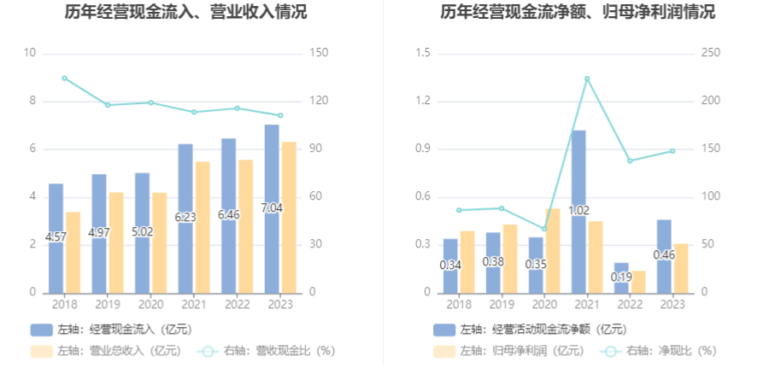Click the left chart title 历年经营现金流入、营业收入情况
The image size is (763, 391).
click(x=186, y=13)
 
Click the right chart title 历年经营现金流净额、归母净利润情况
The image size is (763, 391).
click(x=578, y=13)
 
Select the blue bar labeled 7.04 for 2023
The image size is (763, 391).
click(x=271, y=171)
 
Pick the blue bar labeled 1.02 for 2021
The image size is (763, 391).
click(x=578, y=171)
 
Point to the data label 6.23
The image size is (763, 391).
click(x=185, y=217)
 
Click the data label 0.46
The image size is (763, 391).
click(x=664, y=254)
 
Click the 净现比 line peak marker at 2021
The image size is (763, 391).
click(x=587, y=79)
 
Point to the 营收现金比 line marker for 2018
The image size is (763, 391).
click(x=64, y=78)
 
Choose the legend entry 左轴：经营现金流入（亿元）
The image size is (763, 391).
click(x=111, y=329)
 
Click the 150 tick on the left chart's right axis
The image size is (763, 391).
click(x=317, y=53)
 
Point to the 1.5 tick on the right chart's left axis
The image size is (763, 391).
click(x=421, y=53)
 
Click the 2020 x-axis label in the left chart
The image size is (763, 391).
click(x=150, y=304)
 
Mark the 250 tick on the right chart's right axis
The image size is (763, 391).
click(x=711, y=53)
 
